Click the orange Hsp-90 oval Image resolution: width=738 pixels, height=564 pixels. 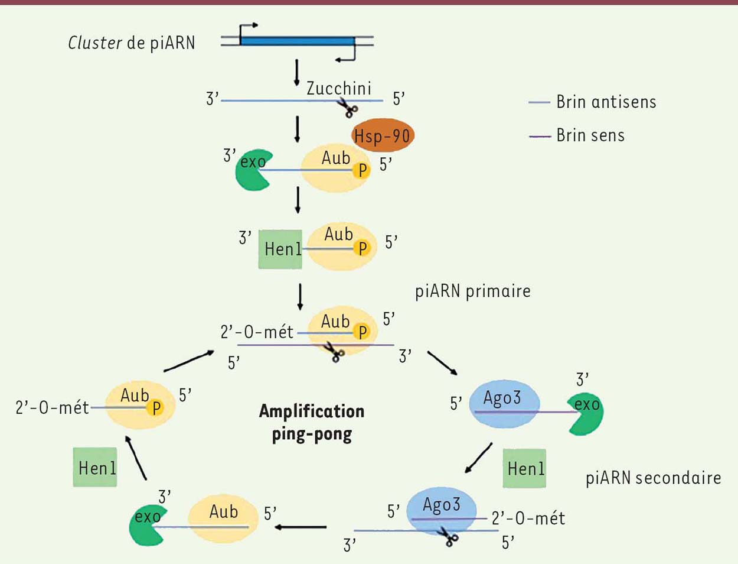[383, 135]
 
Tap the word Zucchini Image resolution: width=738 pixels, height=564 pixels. [338, 88]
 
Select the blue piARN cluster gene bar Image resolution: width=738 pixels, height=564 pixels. [297, 41]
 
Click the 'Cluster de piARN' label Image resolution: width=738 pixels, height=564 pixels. [132, 43]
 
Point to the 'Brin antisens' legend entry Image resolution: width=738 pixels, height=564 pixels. [592, 102]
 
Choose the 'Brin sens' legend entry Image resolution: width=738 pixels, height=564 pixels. [576, 135]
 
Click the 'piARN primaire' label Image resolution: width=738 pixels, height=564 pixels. [473, 291]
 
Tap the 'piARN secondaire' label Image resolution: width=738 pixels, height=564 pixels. [653, 478]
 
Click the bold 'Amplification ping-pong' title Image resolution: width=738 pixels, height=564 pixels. [312, 423]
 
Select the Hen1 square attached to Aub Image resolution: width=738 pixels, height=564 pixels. [280, 249]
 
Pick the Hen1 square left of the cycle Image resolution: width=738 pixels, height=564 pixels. [95, 467]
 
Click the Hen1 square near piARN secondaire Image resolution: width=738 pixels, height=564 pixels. [524, 468]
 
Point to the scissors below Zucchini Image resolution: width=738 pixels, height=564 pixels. [348, 108]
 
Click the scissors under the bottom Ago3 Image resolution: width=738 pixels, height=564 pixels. [448, 536]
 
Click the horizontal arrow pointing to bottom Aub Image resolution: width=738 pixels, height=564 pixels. [301, 527]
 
